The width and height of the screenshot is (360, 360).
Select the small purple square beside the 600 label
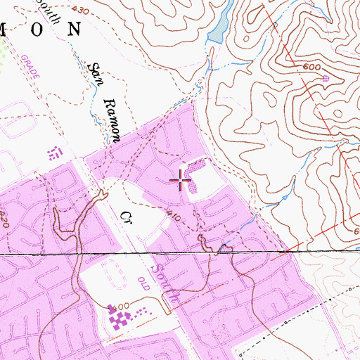(326, 79)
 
